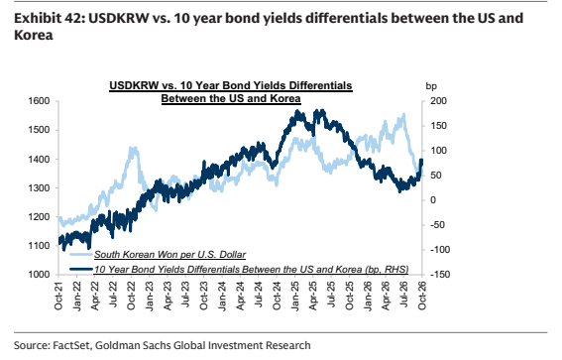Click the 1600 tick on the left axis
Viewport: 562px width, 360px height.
click(39, 101)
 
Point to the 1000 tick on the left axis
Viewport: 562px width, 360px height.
click(39, 275)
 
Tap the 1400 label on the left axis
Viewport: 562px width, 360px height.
click(39, 159)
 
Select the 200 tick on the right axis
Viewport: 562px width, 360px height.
click(438, 101)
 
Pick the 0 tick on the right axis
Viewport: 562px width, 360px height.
click(433, 200)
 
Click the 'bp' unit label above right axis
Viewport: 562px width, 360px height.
click(431, 86)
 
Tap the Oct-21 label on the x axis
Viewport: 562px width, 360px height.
click(58, 296)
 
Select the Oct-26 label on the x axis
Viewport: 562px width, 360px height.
click(422, 296)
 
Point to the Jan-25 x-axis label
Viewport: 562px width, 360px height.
click(294, 297)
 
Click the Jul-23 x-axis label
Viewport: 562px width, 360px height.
click(185, 296)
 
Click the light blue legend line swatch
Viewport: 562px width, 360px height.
click(81, 255)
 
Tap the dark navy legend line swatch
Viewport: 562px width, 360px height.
click(81, 269)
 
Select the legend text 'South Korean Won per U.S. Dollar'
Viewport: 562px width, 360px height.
click(169, 255)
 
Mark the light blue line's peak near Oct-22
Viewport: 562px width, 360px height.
click(134, 148)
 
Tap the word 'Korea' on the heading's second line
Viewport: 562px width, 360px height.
click(34, 35)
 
